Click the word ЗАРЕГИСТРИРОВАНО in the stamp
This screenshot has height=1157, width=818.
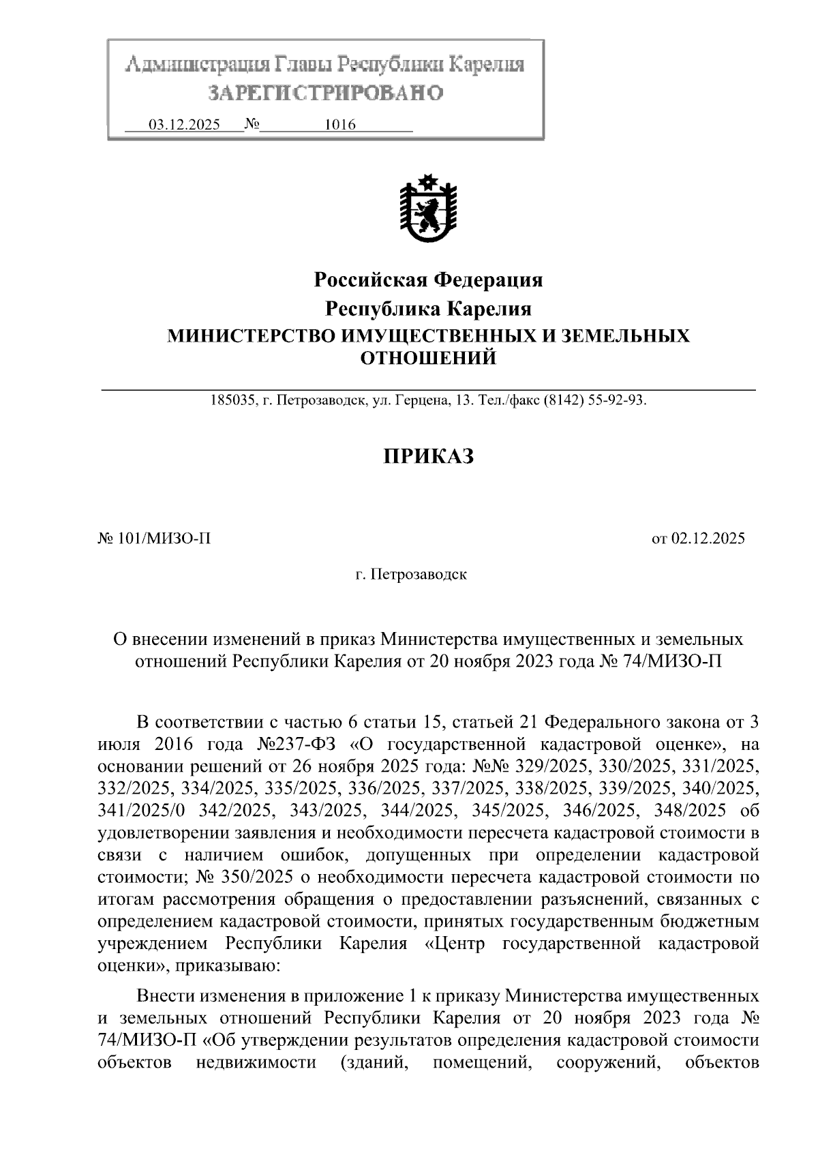pos(325,93)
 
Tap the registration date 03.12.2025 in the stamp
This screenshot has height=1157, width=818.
pos(184,125)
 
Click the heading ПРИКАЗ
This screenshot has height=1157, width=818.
pos(427,456)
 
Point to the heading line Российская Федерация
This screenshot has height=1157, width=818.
pos(427,280)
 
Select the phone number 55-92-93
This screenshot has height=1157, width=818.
pos(619,401)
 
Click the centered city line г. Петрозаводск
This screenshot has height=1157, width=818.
pos(410,574)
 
